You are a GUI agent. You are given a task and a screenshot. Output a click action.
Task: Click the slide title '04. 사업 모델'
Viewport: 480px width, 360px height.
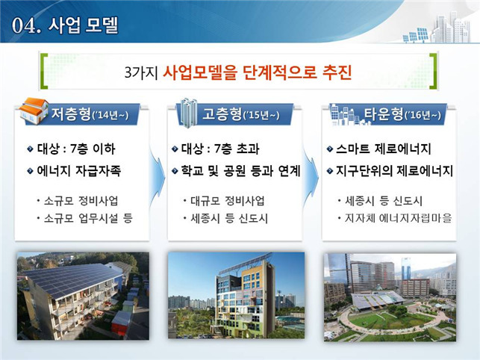[x=65, y=25]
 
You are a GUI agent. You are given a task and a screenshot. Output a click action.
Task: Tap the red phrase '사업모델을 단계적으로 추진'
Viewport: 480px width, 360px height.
[x=257, y=72]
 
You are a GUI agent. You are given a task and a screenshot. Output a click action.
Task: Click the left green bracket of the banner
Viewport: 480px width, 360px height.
[x=44, y=72]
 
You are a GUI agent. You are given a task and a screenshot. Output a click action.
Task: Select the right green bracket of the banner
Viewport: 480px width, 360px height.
[x=433, y=72]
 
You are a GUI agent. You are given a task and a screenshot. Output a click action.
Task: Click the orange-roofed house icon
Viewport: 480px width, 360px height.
[x=34, y=111]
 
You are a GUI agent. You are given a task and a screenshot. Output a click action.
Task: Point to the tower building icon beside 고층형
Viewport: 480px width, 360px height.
[x=187, y=113]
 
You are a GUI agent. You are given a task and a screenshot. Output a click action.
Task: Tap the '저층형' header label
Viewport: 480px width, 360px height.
[x=72, y=114]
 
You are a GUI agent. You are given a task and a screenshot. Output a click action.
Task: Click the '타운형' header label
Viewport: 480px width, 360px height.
[x=384, y=114]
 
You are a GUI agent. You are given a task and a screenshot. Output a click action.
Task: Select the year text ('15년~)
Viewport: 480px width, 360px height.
[x=261, y=115]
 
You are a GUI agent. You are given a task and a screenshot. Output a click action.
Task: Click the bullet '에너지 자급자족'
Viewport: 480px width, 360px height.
[x=79, y=170]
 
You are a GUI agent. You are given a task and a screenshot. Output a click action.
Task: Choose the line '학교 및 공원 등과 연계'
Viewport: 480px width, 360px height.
[x=240, y=170]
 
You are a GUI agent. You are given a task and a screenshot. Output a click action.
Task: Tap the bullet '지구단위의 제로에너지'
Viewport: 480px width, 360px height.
[x=394, y=170]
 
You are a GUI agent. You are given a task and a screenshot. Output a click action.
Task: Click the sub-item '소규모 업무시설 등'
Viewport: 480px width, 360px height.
[x=88, y=218]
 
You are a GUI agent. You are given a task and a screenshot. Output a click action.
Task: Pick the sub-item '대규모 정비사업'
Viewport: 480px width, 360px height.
[x=228, y=201]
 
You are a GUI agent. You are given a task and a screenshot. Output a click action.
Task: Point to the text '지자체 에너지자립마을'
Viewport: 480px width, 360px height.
[x=399, y=218]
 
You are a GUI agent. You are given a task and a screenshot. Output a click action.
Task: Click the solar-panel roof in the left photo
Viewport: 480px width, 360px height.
[x=72, y=279]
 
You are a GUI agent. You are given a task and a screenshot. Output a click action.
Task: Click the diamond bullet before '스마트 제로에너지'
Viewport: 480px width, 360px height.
[x=330, y=149]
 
